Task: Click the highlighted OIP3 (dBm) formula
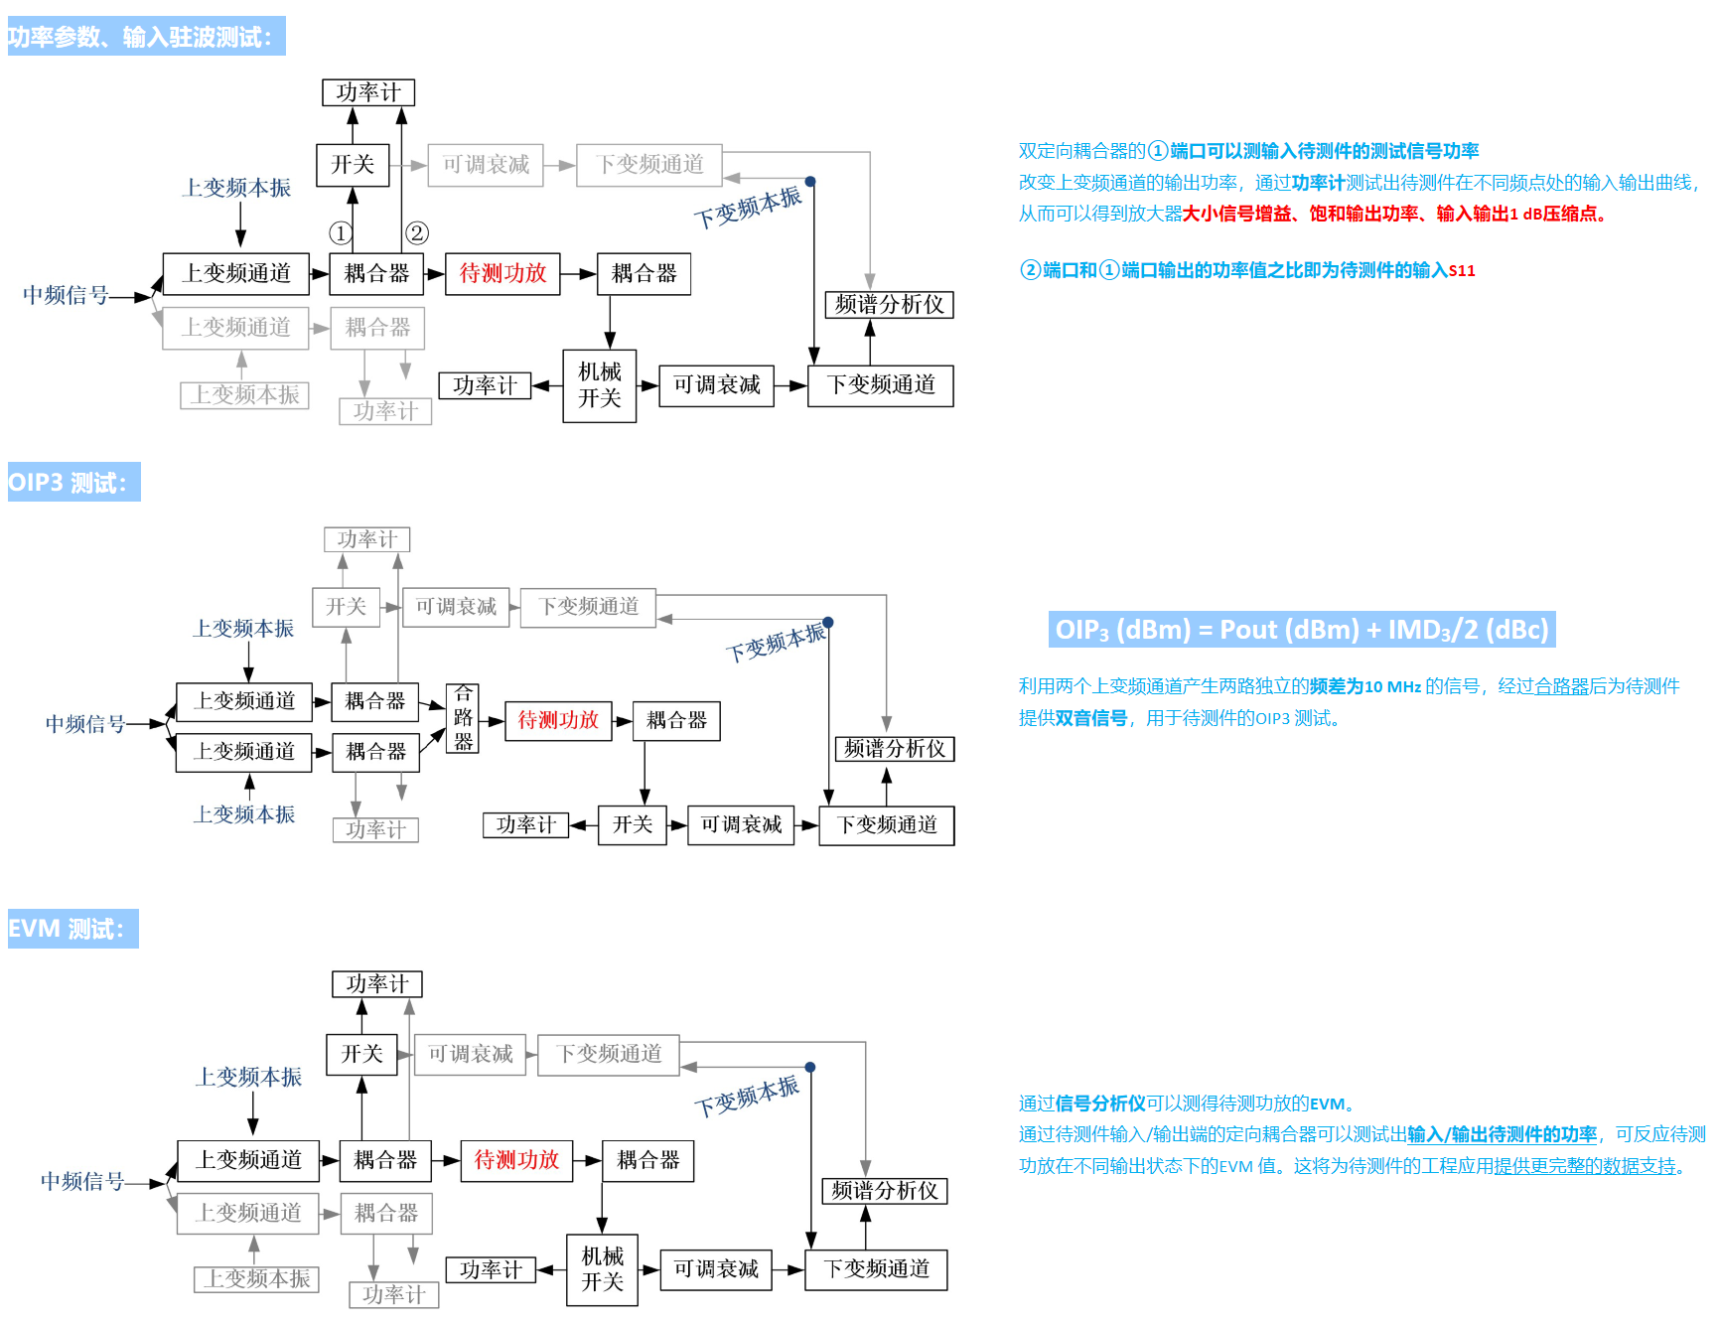click(1301, 630)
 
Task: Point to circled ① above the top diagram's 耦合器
click(340, 233)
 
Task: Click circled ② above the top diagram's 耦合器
click(417, 232)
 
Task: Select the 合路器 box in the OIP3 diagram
click(463, 718)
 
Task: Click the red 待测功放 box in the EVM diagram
click(516, 1160)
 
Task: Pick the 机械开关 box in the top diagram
click(600, 385)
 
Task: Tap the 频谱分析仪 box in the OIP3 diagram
click(895, 749)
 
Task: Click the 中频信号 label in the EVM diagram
click(82, 1181)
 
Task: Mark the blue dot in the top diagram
click(810, 182)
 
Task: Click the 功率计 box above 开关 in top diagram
click(368, 92)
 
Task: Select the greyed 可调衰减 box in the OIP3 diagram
click(456, 606)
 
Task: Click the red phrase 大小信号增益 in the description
click(1237, 214)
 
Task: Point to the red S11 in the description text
click(1462, 270)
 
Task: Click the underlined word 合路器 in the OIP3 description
click(1561, 686)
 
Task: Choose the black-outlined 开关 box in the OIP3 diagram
click(633, 824)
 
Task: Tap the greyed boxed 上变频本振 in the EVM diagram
click(256, 1278)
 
